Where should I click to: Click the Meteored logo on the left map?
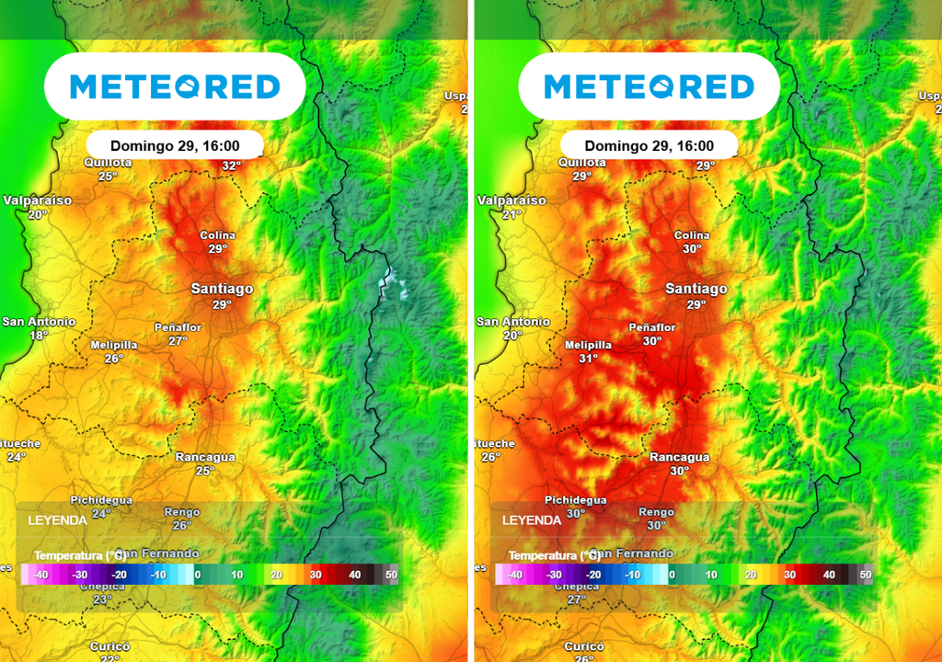point(175,86)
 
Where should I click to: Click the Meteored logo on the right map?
point(649,86)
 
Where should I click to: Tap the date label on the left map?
point(175,145)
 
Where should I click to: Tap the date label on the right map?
point(649,145)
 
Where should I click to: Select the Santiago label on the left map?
point(222,289)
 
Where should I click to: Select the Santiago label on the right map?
point(696,289)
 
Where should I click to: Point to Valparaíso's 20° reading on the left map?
point(38,214)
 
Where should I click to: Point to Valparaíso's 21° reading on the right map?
point(512,214)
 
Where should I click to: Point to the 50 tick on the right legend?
point(866,575)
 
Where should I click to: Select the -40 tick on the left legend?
point(40,575)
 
